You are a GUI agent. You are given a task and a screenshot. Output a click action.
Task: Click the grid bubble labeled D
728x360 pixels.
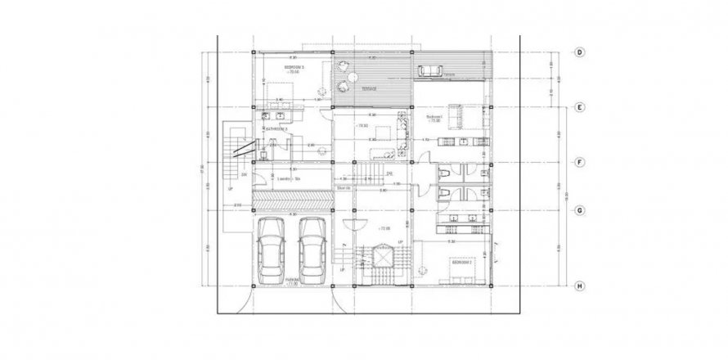point(578,52)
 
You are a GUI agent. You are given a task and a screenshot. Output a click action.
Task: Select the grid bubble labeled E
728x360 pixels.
point(578,107)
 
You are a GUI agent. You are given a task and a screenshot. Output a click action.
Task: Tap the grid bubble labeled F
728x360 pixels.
point(578,162)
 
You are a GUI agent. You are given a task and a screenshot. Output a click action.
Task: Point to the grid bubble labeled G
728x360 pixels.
point(578,210)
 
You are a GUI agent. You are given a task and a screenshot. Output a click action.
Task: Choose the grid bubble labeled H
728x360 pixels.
point(578,286)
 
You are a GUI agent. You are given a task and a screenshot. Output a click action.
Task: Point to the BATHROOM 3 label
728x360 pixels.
point(278,129)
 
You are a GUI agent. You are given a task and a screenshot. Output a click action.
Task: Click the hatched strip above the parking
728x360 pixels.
point(290,200)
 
